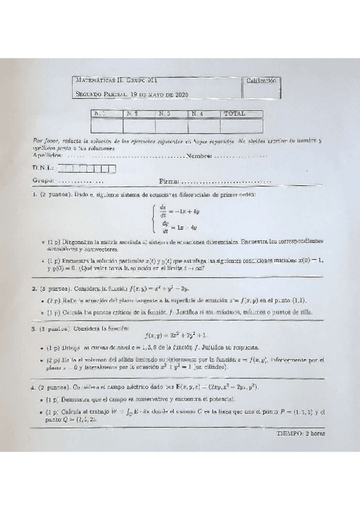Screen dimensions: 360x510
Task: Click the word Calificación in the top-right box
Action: point(262,81)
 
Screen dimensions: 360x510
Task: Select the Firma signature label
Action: point(169,180)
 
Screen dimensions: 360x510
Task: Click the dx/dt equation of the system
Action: point(175,211)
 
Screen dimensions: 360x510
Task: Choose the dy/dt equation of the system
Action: point(176,227)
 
